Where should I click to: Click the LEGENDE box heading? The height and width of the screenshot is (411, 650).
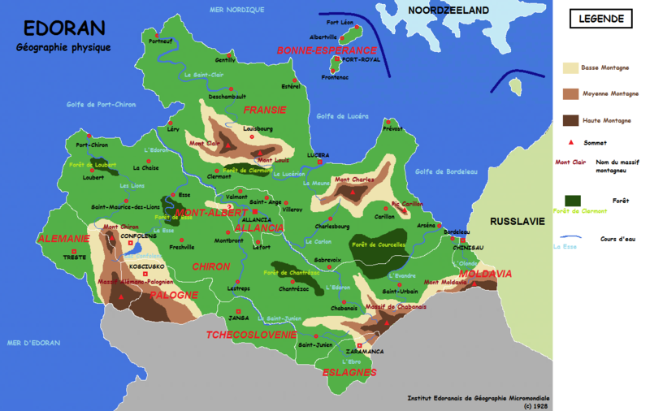602,19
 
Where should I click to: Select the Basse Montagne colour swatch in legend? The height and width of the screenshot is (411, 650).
570,69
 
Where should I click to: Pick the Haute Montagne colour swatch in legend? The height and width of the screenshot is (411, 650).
570,120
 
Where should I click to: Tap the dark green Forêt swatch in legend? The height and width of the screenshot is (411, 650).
574,200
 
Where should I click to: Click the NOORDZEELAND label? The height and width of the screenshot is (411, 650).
448,11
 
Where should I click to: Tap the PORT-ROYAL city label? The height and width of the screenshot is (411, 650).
361,60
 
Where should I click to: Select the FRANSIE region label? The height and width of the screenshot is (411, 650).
265,109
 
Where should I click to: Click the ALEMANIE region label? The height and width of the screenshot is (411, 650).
63,239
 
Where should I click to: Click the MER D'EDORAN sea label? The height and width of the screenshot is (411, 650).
33,343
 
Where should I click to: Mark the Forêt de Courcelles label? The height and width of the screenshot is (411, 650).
378,244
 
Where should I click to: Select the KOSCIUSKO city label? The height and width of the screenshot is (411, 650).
146,266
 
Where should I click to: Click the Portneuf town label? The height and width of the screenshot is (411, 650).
161,41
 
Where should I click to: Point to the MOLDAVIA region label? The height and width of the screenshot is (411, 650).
485,275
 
